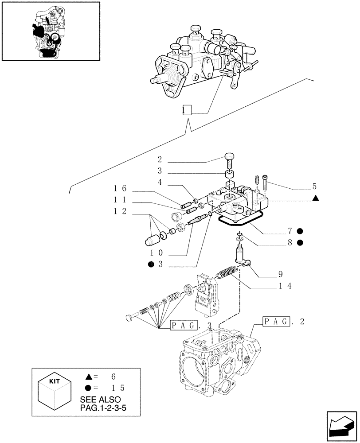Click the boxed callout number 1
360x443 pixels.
[187, 110]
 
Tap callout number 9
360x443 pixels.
[281, 274]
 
